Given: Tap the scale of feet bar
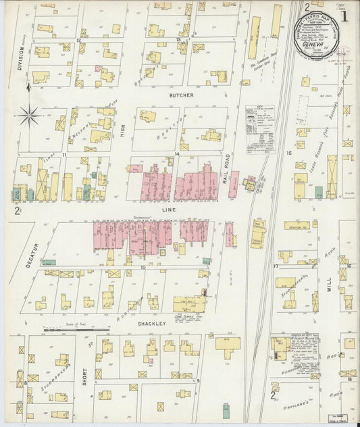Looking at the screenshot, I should tap(75, 330).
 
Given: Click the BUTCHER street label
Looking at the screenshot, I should tap(182, 96).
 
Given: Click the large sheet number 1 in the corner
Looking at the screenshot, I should tap(344, 15).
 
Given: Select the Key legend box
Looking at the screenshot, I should tap(257, 121).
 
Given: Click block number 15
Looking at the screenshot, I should tap(289, 154).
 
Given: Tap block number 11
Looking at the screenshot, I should tap(63, 155).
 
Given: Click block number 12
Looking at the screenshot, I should tap(79, 41).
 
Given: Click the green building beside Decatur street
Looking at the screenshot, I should tap(49, 262).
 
